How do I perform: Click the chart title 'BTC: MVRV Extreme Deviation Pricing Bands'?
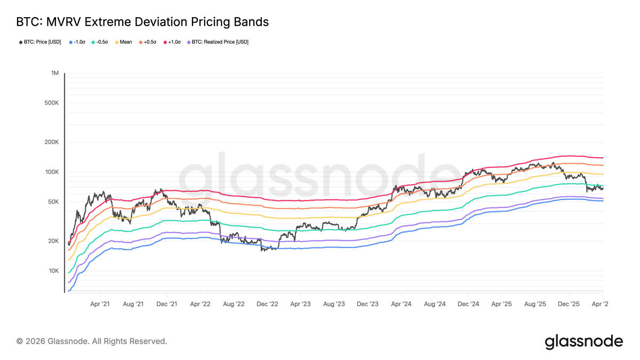[x=142, y=22]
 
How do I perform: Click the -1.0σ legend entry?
[x=77, y=42]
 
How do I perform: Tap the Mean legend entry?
[x=123, y=42]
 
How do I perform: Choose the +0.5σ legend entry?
[x=147, y=42]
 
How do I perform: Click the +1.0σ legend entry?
[x=172, y=42]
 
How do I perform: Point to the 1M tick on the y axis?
[x=54, y=73]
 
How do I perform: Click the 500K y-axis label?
[x=51, y=103]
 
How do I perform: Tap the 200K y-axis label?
[x=51, y=142]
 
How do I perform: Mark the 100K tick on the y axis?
[x=51, y=172]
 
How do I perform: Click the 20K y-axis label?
[x=53, y=241]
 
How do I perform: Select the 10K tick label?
[x=53, y=271]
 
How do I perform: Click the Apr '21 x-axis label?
[x=100, y=304]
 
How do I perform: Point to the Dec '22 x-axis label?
[x=267, y=304]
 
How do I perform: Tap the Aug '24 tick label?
[x=435, y=304]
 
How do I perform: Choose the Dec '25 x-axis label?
[x=569, y=304]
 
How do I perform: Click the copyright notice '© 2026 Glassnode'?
[x=92, y=341]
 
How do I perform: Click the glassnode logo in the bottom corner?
[x=583, y=341]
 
